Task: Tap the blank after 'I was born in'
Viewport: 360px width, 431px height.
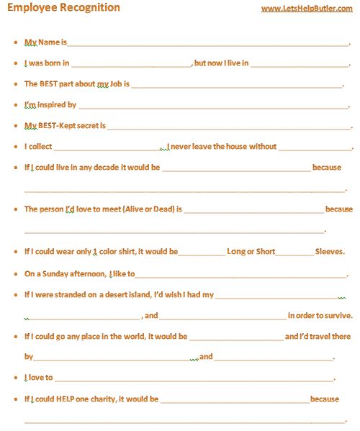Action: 131,64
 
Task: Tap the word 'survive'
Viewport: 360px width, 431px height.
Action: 336,315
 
